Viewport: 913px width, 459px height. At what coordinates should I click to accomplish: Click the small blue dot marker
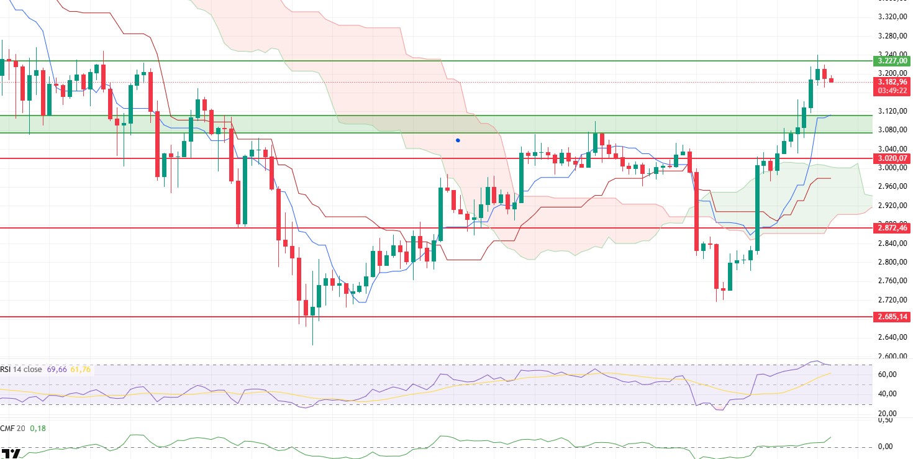pyautogui.click(x=458, y=140)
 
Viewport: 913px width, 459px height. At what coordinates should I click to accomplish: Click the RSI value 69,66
pyautogui.click(x=56, y=370)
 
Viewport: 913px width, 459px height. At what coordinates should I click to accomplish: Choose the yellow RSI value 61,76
pyautogui.click(x=81, y=370)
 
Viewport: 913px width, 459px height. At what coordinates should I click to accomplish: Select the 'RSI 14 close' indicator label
pyautogui.click(x=21, y=370)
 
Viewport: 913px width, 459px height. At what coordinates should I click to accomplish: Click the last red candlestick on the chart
pyautogui.click(x=831, y=80)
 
